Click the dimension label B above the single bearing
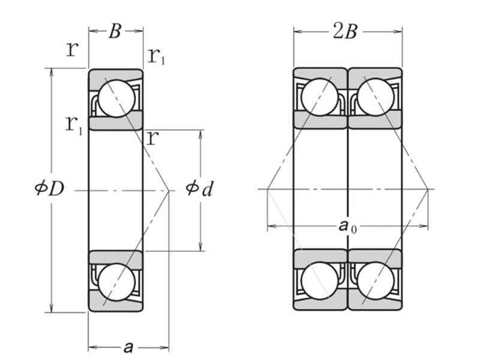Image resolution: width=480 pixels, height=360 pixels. coord(115,32)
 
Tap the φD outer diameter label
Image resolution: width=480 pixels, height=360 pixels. coord(49,189)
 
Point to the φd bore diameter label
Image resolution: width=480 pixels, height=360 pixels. coord(199,189)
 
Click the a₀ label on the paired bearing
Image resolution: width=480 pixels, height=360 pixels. coord(346,226)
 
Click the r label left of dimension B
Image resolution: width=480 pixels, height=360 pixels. coord(72,49)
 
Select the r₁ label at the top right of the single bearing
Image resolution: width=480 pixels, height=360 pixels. coord(157,57)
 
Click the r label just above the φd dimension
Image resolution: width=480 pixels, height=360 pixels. coord(152,139)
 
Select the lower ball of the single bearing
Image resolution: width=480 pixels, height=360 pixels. coord(115,281)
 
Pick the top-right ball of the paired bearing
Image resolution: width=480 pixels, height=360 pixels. coord(375,98)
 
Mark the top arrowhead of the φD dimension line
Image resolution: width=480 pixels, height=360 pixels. coord(52,72)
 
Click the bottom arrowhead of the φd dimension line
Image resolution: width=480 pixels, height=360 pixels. coord(200,247)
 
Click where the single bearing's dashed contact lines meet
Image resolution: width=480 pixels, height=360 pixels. coord(170,190)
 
